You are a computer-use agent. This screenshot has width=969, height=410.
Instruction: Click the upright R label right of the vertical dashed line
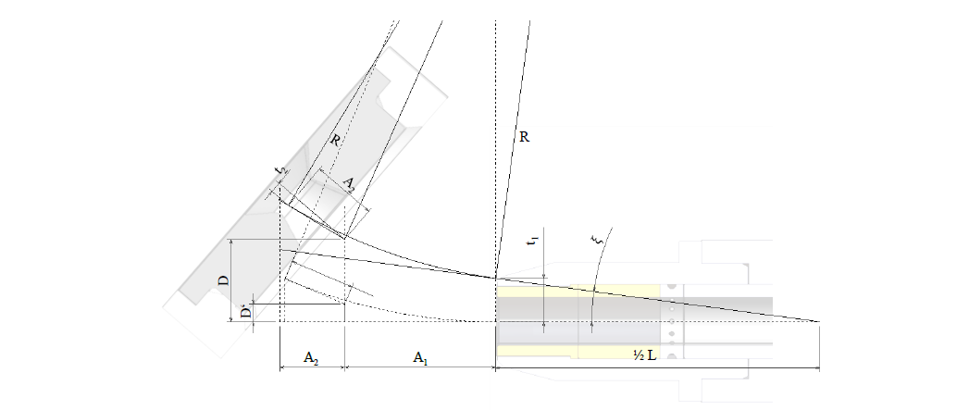pyautogui.click(x=524, y=136)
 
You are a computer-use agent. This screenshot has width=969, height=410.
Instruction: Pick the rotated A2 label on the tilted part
pyautogui.click(x=349, y=184)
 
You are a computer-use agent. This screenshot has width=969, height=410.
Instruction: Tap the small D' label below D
pyautogui.click(x=245, y=312)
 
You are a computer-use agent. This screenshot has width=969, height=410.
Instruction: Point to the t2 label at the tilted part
pyautogui.click(x=280, y=173)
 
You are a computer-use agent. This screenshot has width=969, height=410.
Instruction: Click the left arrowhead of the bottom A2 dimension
pyautogui.click(x=281, y=368)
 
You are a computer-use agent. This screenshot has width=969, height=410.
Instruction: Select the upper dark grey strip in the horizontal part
pyautogui.click(x=648, y=304)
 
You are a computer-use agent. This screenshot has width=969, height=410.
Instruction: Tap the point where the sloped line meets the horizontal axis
pyautogui.click(x=819, y=321)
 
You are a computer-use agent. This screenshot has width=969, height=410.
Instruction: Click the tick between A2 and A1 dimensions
pyautogui.click(x=344, y=368)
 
